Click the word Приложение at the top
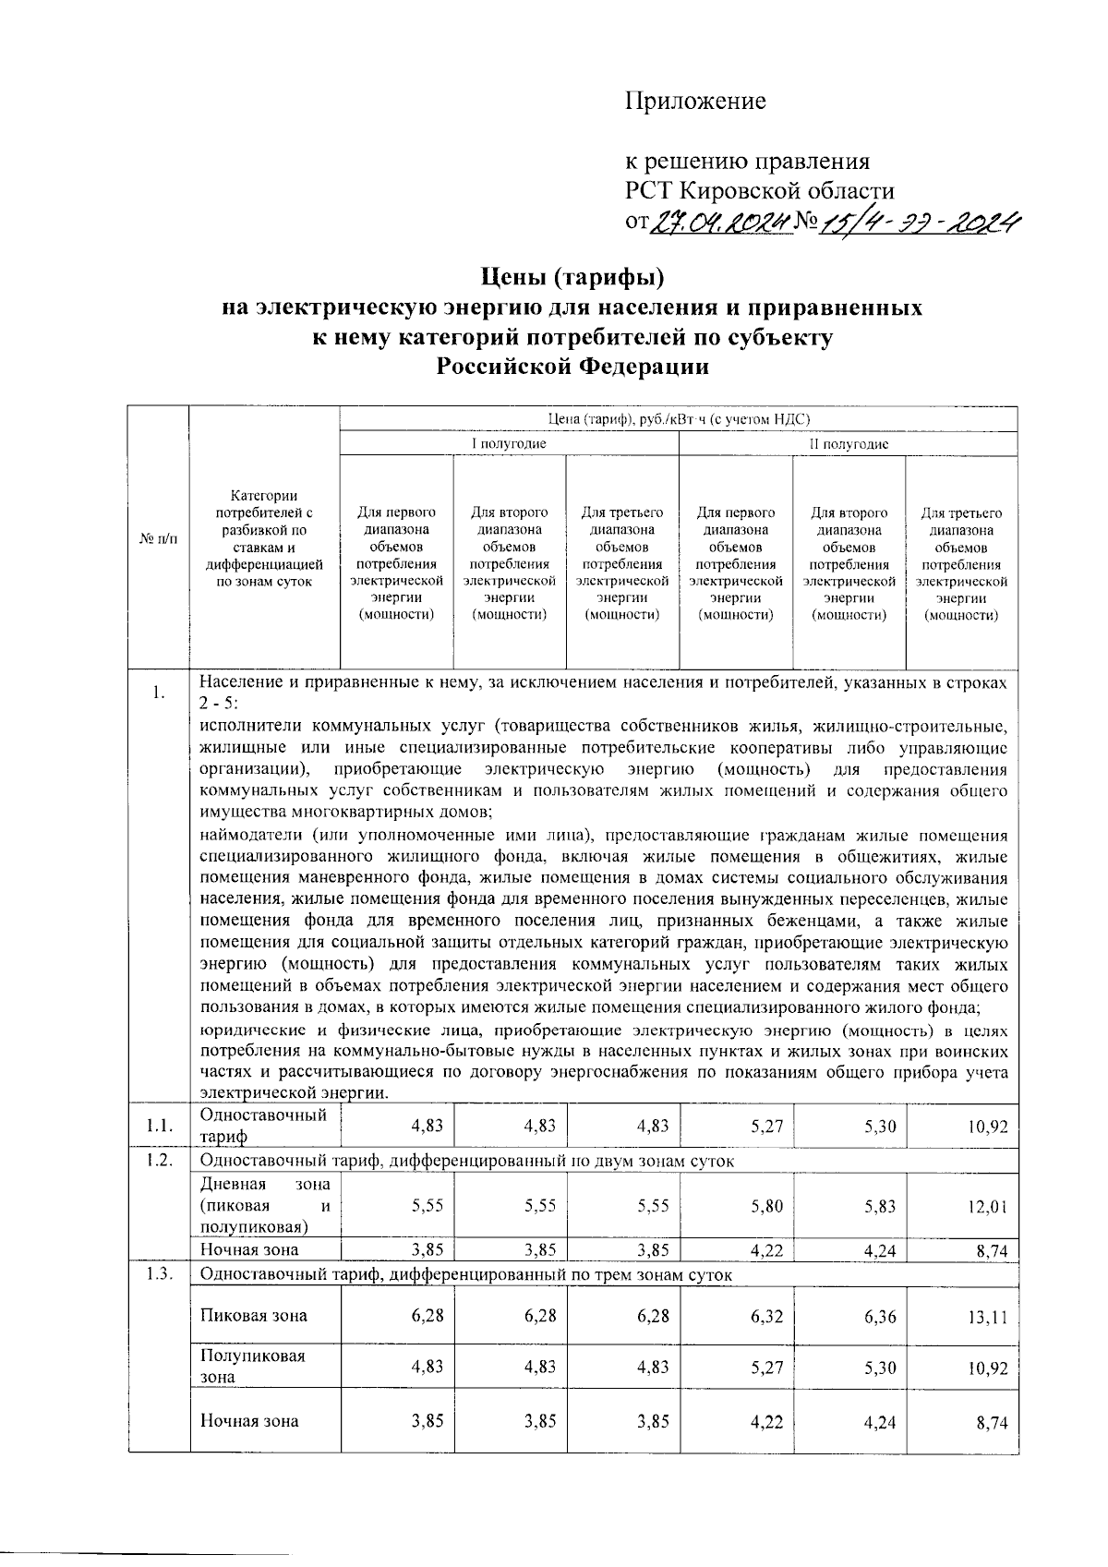point(695,101)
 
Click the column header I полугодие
point(509,444)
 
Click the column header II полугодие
point(848,444)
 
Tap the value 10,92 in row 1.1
point(987,1127)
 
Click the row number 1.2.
point(159,1161)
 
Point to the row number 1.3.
point(159,1275)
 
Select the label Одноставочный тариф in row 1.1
point(262,1126)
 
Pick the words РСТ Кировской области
point(760,192)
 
